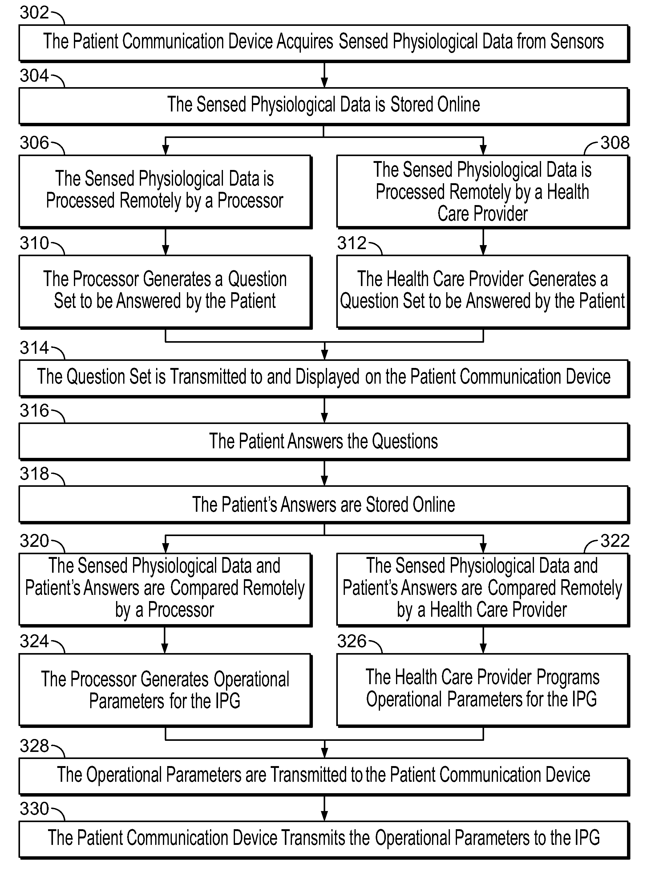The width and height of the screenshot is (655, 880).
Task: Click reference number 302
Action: (x=34, y=13)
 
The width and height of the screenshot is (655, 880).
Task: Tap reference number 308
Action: (x=615, y=143)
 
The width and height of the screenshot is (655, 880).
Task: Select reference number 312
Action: (x=352, y=243)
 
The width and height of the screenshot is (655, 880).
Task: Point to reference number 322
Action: (x=615, y=541)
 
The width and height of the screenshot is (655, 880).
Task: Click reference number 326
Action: (x=352, y=641)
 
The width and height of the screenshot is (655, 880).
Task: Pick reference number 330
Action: (x=34, y=809)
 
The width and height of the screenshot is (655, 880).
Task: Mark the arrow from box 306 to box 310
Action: (x=165, y=242)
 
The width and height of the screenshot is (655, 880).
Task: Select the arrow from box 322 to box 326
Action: (x=483, y=640)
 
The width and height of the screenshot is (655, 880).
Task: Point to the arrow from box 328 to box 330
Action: (x=324, y=808)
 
